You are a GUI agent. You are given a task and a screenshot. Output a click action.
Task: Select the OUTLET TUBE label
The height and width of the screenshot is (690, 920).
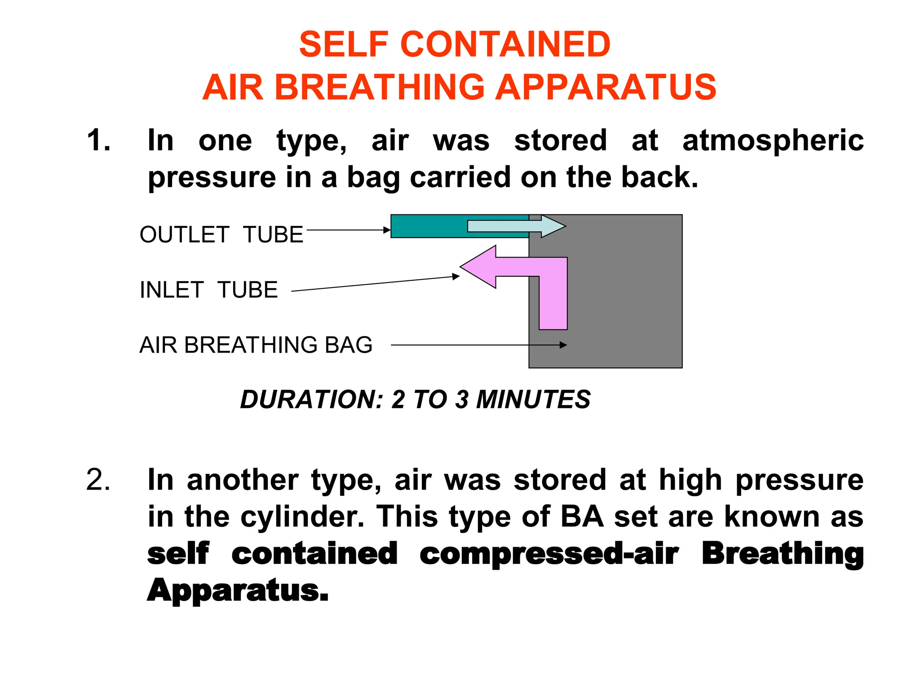point(221,234)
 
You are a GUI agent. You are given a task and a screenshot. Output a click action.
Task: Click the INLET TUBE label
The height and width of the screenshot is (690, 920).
point(208,290)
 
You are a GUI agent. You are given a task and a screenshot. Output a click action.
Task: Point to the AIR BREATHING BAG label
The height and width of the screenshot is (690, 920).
point(256,345)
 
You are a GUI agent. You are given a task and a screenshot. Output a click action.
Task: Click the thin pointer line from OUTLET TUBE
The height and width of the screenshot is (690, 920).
point(346,230)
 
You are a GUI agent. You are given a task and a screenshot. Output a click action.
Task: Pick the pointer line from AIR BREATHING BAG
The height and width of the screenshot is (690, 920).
point(476,345)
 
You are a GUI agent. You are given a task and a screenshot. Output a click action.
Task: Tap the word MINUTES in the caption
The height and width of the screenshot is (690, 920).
point(533,399)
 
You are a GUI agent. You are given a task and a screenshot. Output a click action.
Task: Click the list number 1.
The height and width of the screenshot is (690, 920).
point(98,140)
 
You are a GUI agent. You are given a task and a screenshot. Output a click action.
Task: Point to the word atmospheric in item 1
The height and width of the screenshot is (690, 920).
point(773,140)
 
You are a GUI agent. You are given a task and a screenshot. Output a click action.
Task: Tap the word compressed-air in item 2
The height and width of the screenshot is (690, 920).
point(549,553)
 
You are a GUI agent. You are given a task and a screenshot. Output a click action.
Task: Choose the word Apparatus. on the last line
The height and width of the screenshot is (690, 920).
point(238,590)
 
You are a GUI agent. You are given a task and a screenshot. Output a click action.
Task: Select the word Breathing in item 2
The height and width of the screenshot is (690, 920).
point(783,553)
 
